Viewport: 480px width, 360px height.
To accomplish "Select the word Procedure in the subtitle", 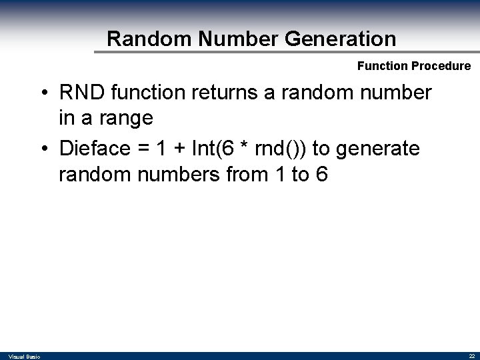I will pos(443,66).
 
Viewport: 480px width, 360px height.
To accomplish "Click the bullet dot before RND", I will pos(42,93).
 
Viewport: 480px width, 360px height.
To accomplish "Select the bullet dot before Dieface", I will pos(42,149).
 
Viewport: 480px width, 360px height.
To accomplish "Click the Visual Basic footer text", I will pos(25,357).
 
